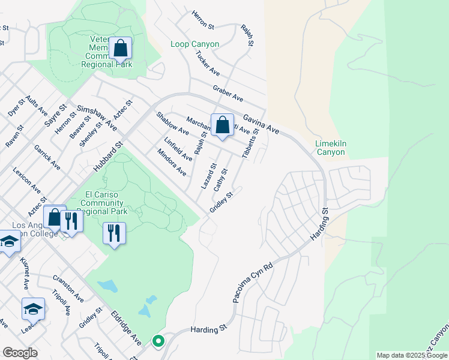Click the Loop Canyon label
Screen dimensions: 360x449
[194, 44]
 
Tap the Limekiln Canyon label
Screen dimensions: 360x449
[330, 148]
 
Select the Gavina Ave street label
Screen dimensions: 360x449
[261, 122]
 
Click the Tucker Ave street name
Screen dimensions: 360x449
[208, 62]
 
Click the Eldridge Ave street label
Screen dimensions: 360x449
[127, 328]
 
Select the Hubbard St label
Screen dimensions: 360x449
[108, 157]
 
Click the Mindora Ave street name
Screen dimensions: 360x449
[172, 162]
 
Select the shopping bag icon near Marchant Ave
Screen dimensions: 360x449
[222, 125]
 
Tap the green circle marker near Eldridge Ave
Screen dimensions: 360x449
[158, 341]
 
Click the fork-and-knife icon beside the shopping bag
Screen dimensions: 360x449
[71, 221]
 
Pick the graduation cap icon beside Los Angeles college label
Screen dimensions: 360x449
[8, 242]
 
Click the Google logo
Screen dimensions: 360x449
[20, 353]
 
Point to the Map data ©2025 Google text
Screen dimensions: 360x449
[412, 355]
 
